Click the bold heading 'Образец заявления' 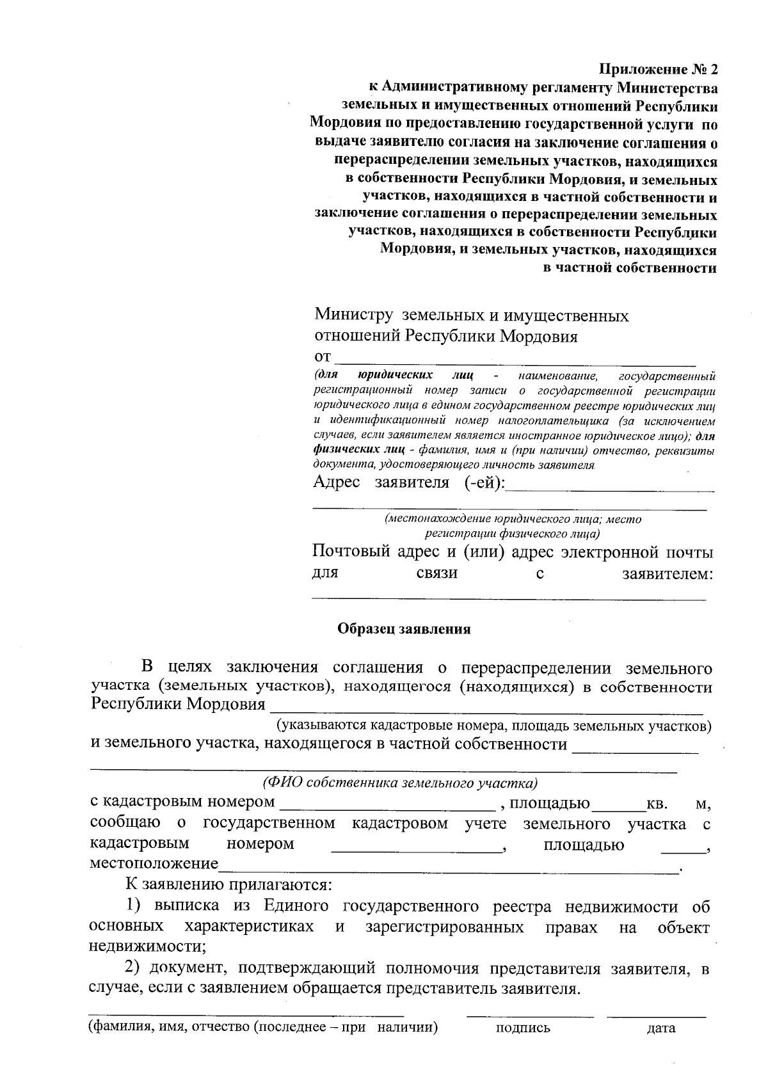[x=404, y=629]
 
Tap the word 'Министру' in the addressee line [x=353, y=315]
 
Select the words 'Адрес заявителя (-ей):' [x=409, y=482]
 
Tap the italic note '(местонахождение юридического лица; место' [x=512, y=519]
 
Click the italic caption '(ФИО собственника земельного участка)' [x=400, y=783]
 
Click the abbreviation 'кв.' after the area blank [x=657, y=803]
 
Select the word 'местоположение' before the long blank [x=154, y=863]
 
